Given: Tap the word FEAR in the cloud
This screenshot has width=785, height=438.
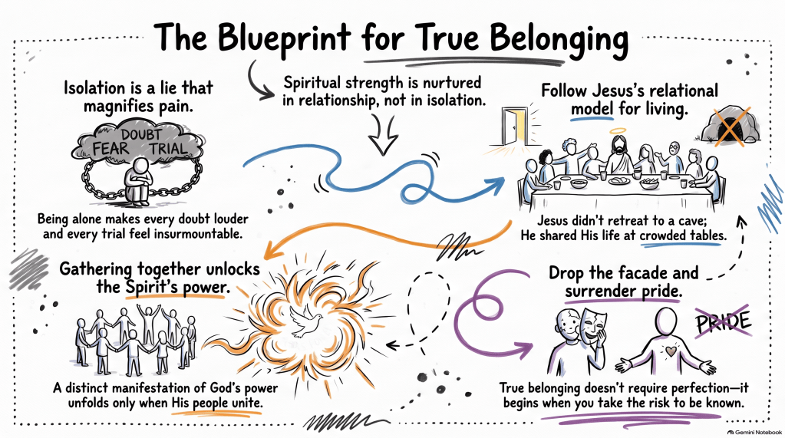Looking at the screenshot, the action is (x=110, y=149).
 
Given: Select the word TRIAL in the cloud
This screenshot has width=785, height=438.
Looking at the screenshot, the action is (x=168, y=149).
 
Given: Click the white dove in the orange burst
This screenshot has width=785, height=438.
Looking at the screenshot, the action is (x=306, y=321).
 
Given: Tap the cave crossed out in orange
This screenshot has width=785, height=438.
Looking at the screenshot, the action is (x=730, y=124).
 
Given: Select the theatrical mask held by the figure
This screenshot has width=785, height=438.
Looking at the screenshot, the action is (x=594, y=324).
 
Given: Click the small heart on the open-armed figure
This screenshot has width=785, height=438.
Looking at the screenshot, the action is (x=670, y=351).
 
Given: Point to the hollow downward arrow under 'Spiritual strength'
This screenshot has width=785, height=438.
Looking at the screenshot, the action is (x=383, y=135).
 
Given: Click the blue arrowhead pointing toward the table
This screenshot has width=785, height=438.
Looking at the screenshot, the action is (x=496, y=184).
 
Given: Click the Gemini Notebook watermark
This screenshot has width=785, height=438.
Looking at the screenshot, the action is (x=754, y=432).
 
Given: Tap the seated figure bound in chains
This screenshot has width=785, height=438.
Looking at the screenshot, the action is (x=139, y=181).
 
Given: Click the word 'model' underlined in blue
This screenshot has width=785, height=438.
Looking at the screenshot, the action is (x=592, y=109).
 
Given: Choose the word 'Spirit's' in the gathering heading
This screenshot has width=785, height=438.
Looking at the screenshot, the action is (x=149, y=287).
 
